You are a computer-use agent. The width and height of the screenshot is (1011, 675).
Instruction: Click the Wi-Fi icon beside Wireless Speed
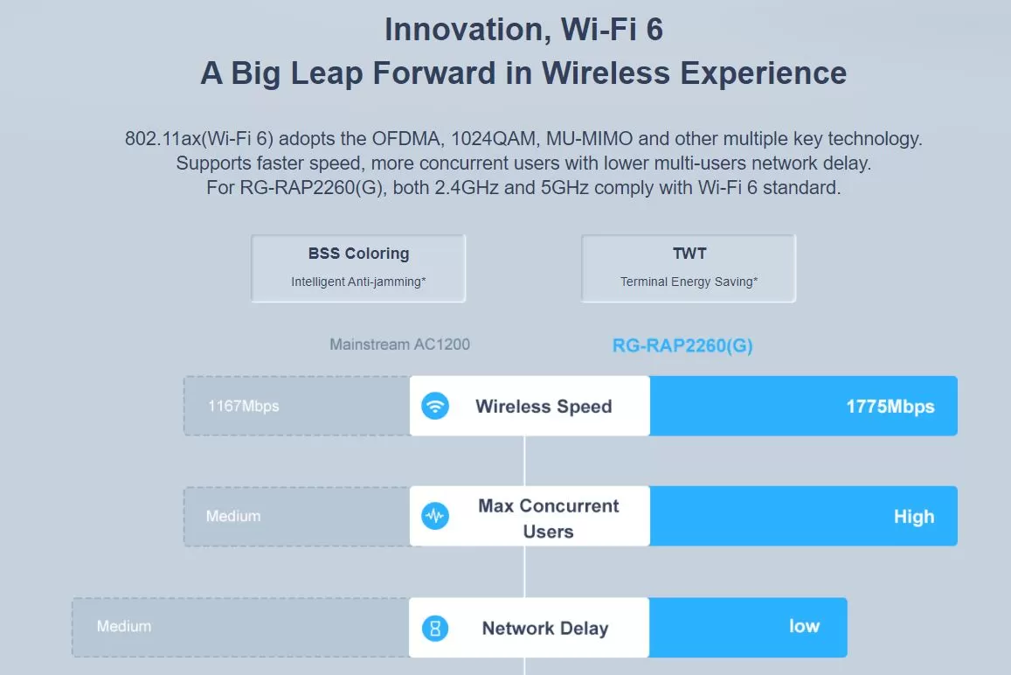pos(435,406)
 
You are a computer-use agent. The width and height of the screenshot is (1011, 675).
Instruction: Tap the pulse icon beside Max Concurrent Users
pos(435,516)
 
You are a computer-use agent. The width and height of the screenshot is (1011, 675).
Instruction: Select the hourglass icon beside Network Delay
pos(435,628)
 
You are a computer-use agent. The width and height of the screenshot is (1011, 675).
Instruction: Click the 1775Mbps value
pos(890,407)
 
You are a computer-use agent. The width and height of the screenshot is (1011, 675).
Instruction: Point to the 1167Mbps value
pos(243,406)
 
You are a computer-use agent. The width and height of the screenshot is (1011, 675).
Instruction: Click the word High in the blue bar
pos(914,516)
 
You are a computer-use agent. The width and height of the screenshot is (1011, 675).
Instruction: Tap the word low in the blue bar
pos(804,626)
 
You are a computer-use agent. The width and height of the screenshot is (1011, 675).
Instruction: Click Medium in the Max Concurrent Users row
pos(233,516)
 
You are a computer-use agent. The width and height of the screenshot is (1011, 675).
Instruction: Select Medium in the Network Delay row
pos(124,626)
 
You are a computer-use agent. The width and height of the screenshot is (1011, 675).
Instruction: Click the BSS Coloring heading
pos(358,254)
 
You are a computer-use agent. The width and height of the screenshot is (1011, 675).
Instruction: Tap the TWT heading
pos(689,253)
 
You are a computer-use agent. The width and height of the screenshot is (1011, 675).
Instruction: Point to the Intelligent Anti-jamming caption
pos(358,282)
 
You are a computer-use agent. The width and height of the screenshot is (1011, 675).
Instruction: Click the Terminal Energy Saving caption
pos(689,282)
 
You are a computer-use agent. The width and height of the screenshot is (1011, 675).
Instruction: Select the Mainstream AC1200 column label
pos(399,344)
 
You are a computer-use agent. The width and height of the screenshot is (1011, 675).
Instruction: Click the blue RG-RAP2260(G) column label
pos(682,346)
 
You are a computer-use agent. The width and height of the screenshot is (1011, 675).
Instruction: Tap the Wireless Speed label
pos(544,407)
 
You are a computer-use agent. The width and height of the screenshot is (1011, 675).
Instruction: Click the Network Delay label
pos(545,628)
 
